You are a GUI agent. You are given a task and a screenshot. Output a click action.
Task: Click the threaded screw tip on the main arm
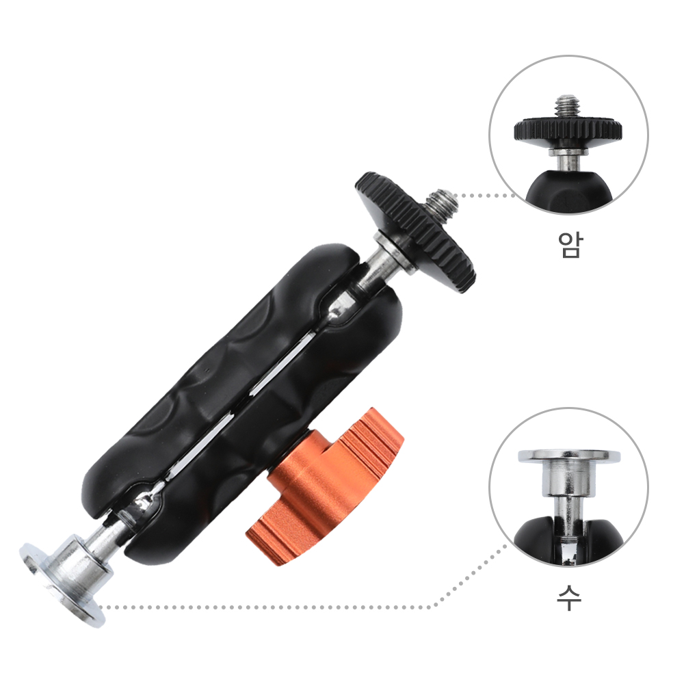(x=441, y=204)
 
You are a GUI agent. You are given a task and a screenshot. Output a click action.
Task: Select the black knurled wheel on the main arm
(x=415, y=231)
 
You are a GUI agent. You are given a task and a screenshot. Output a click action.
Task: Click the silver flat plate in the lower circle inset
(x=569, y=456)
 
